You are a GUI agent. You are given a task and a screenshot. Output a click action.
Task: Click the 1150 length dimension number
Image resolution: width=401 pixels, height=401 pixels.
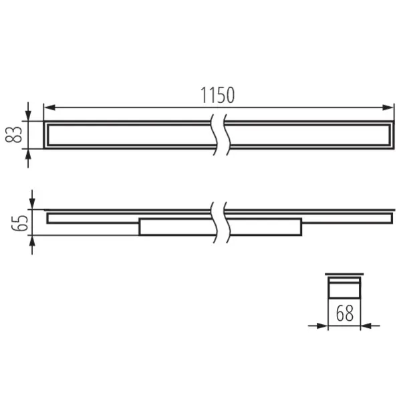point(218,95)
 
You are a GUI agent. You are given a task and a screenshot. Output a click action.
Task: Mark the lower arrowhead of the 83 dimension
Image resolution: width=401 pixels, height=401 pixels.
point(28,154)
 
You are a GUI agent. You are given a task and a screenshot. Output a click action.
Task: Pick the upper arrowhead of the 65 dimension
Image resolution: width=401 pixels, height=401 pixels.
point(33,203)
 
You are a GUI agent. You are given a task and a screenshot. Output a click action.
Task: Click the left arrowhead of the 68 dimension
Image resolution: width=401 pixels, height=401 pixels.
point(321,326)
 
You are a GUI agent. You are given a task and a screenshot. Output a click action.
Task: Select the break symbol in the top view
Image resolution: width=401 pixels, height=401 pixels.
point(218,135)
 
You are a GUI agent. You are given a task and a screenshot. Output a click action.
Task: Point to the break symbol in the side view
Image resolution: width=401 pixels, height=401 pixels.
point(218,221)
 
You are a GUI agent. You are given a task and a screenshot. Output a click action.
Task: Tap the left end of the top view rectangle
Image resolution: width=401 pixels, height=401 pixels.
point(46,135)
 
